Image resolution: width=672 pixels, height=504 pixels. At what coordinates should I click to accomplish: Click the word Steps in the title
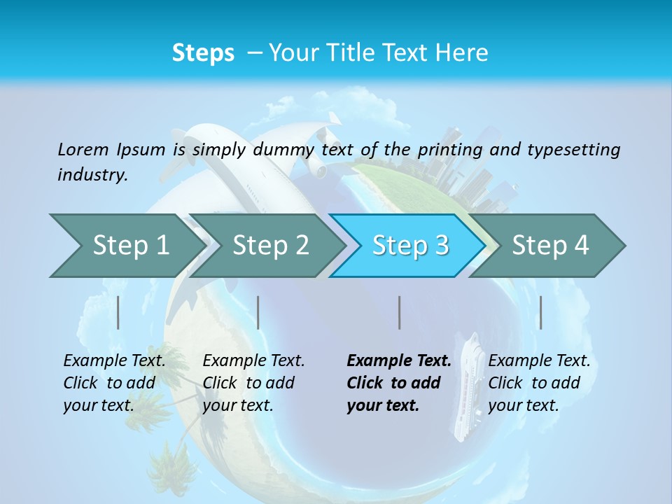click(x=203, y=52)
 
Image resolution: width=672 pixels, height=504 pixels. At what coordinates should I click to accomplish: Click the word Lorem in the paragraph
click(x=83, y=149)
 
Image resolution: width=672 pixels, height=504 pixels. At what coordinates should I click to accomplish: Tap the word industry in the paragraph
click(x=92, y=175)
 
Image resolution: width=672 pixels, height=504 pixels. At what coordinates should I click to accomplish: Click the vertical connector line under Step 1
click(x=118, y=312)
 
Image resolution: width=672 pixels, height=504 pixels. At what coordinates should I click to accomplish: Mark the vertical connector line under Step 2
click(x=258, y=312)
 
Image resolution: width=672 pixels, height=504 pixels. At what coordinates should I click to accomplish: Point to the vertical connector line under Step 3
click(x=399, y=312)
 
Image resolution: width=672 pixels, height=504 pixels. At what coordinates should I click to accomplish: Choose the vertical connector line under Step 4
click(x=540, y=312)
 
